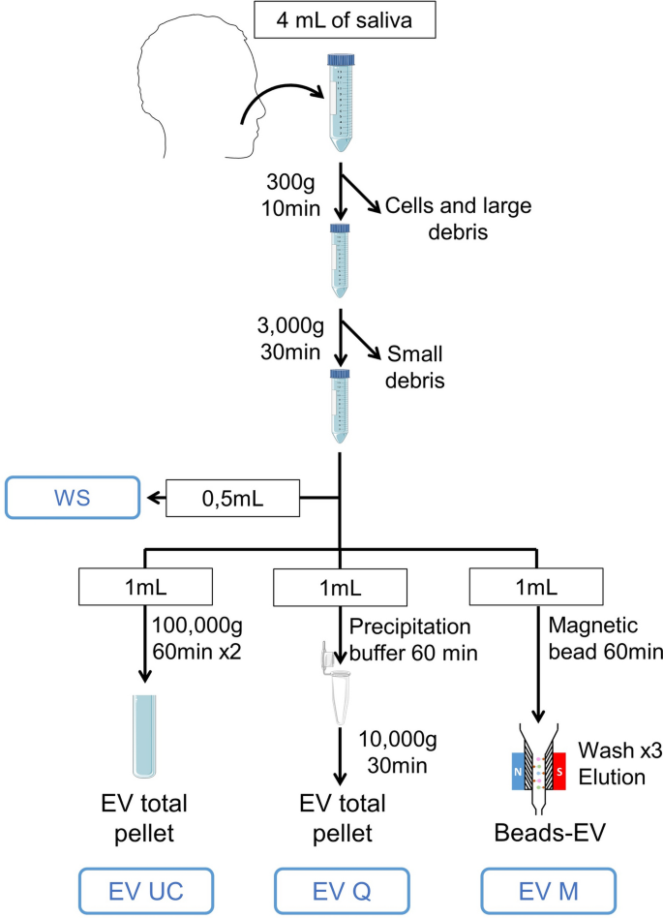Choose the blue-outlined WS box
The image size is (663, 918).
pos(68,498)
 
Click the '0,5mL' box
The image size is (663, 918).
pos(231,499)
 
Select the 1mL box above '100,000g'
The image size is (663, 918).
pos(145,585)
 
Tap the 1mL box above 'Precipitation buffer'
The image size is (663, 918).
pos(340,585)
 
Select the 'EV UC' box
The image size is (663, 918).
pos(145,889)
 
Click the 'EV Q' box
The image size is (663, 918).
pos(340,889)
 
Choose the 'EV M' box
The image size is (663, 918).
pos(535,889)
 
